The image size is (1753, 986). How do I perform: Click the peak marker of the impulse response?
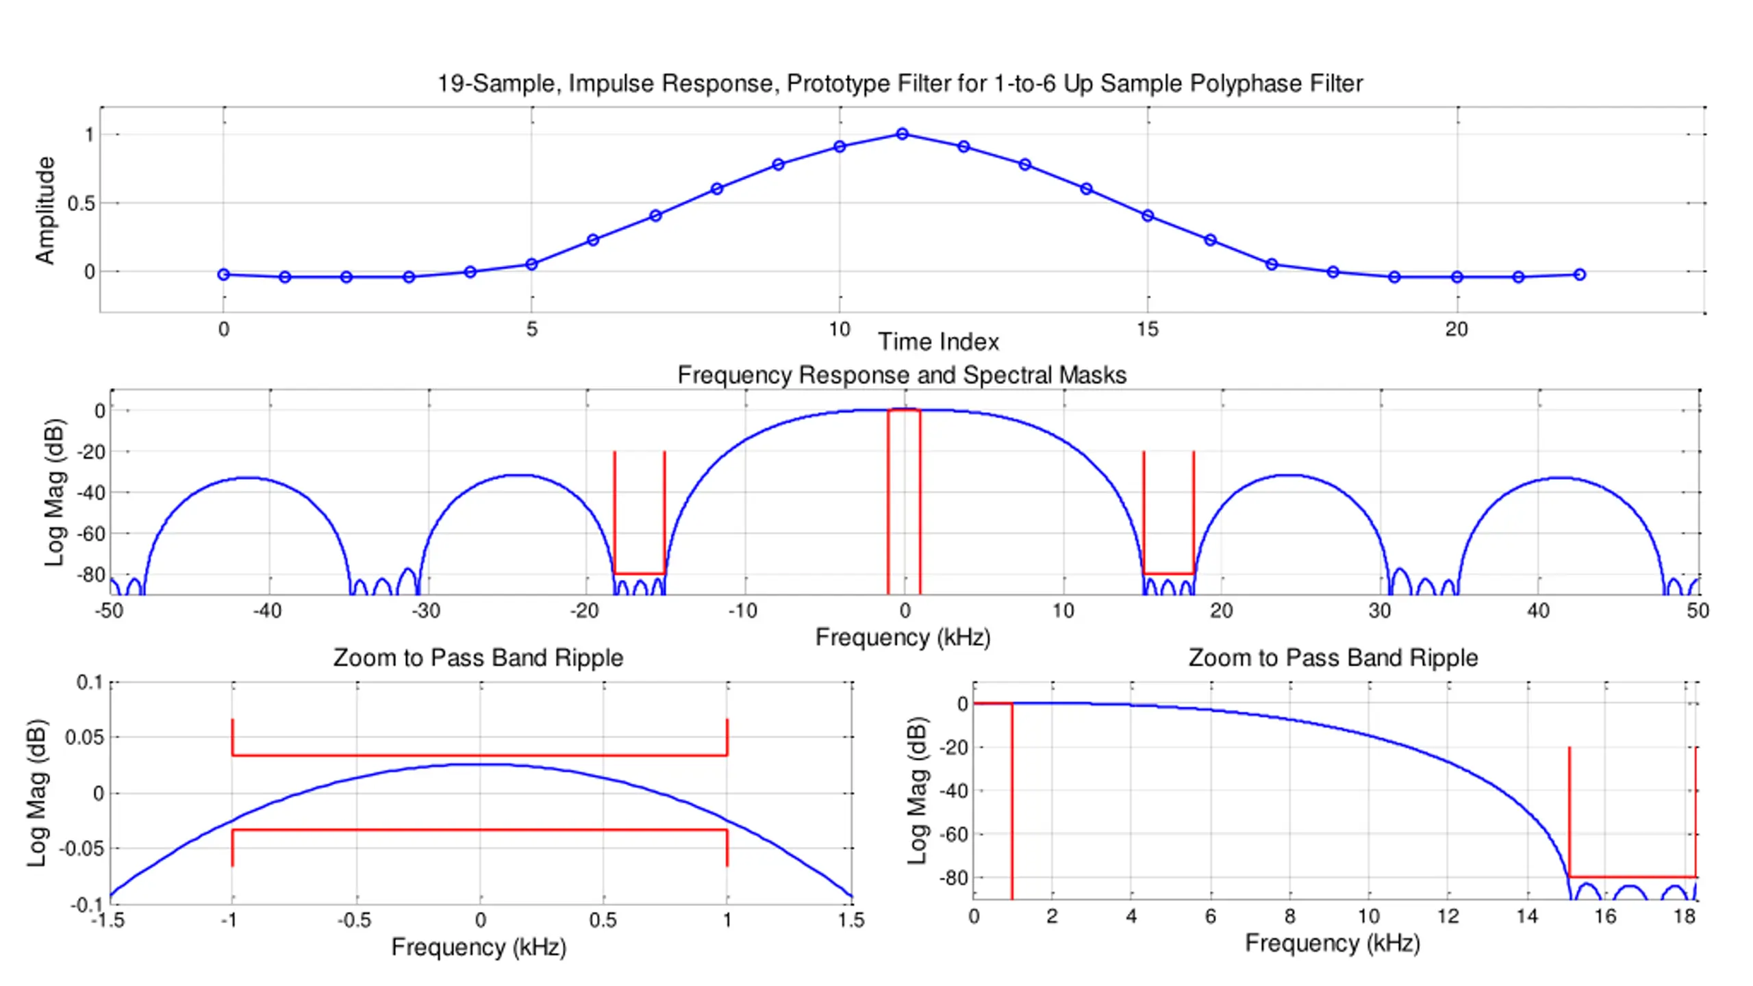(x=902, y=134)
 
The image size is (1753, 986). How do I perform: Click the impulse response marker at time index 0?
(x=223, y=275)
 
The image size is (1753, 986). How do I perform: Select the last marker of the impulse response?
(x=1579, y=275)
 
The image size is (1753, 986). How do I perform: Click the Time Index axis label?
(x=938, y=342)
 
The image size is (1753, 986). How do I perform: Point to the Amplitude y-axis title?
(x=45, y=210)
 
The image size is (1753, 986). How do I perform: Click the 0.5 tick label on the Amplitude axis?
(x=81, y=204)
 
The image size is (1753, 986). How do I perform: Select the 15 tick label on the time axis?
(x=1147, y=330)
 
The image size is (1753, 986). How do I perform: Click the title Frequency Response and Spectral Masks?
(x=901, y=375)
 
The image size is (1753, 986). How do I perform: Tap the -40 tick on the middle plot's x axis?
(x=267, y=611)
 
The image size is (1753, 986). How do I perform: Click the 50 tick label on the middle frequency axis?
(x=1698, y=611)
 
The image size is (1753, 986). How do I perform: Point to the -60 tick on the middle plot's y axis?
(x=92, y=533)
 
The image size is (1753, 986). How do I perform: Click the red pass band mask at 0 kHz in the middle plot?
(x=904, y=410)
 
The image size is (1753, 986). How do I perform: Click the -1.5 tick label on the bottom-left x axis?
(x=108, y=920)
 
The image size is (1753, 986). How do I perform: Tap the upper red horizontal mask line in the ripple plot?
(x=479, y=755)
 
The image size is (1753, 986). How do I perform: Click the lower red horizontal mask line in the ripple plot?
(x=479, y=830)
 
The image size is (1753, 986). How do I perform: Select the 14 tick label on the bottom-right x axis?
(x=1526, y=916)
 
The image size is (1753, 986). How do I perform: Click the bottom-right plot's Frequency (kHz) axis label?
(x=1332, y=944)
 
